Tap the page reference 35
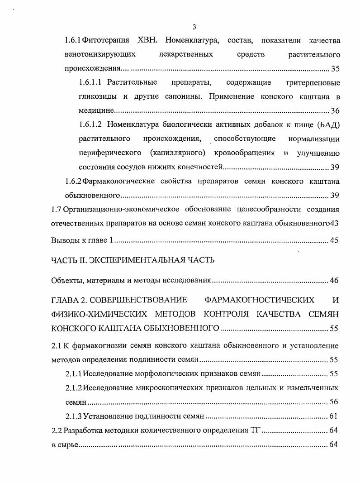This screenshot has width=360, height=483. pos(335,69)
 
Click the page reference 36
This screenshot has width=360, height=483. pos(335,111)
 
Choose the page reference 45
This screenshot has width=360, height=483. pos(335,241)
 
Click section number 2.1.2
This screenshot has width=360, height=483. pos(74,388)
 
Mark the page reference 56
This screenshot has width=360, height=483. pos(335,402)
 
